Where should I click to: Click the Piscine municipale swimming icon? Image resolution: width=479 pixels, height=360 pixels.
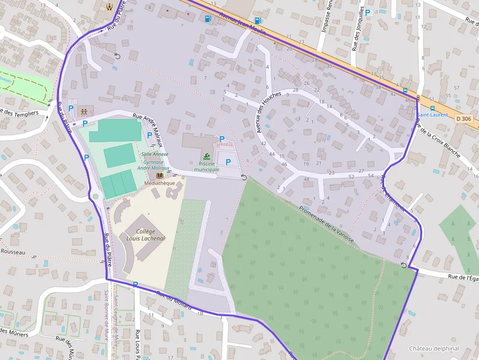pos(208,156)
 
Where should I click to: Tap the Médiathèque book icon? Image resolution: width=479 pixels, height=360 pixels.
pos(159,175)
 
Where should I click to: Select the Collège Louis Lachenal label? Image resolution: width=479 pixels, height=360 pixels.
pos(145,235)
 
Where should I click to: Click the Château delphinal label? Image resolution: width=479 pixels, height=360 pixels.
pos(434,348)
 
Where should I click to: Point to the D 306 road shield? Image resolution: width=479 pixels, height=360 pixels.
pos(462,118)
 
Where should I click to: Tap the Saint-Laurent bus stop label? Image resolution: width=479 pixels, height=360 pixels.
pos(432,115)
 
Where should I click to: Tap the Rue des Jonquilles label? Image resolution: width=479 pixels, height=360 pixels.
pos(358,29)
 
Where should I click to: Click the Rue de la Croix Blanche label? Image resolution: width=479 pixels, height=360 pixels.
pos(437,139)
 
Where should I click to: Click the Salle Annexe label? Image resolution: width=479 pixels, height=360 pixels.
pos(154,154)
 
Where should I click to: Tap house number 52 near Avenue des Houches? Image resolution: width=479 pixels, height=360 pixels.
pos(351,176)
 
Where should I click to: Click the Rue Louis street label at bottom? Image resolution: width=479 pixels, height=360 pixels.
pos(137,345)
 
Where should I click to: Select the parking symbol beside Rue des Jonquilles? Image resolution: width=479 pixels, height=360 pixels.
pos(368,12)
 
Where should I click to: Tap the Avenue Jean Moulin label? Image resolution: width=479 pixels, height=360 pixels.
pos(242,21)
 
